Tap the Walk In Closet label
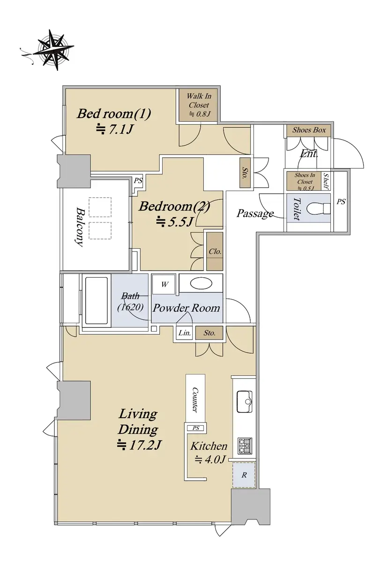(199, 101)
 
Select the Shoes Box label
(309, 130)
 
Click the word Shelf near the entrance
(326, 181)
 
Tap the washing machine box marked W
(164, 284)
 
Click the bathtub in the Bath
(97, 301)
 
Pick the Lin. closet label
(185, 333)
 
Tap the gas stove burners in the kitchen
(245, 446)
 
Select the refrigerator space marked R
(244, 475)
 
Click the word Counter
(195, 400)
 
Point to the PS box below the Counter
(196, 428)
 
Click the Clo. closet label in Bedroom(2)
(215, 251)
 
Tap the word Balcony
(80, 227)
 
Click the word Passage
(255, 214)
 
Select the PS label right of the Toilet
(341, 201)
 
